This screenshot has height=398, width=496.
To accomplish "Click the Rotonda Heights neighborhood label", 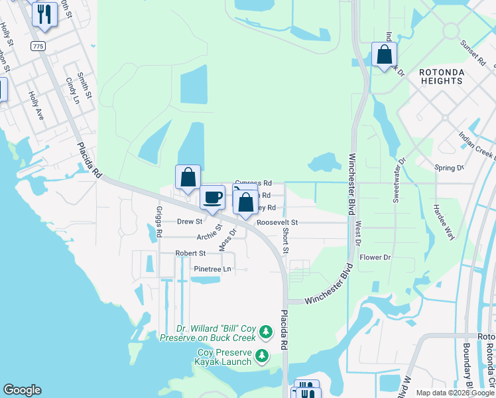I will (x=441, y=76).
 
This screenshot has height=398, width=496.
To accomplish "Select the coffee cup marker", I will (x=213, y=197).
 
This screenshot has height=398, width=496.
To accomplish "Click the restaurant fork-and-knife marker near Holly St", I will (x=44, y=15).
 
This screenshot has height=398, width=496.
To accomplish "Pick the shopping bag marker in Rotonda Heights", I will (x=385, y=55).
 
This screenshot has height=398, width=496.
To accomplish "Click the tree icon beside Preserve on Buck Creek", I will (x=265, y=330).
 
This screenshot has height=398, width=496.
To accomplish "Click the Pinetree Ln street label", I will (x=212, y=269).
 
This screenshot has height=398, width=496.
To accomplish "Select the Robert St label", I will (x=190, y=253).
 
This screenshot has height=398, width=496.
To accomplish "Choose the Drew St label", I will (x=190, y=222).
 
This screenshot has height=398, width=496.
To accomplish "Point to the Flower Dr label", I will (x=375, y=257).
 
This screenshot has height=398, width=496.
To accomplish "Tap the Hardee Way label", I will (x=444, y=221).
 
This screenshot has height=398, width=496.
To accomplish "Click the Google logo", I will (x=22, y=390).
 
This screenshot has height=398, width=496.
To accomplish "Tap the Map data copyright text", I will (x=455, y=393).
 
